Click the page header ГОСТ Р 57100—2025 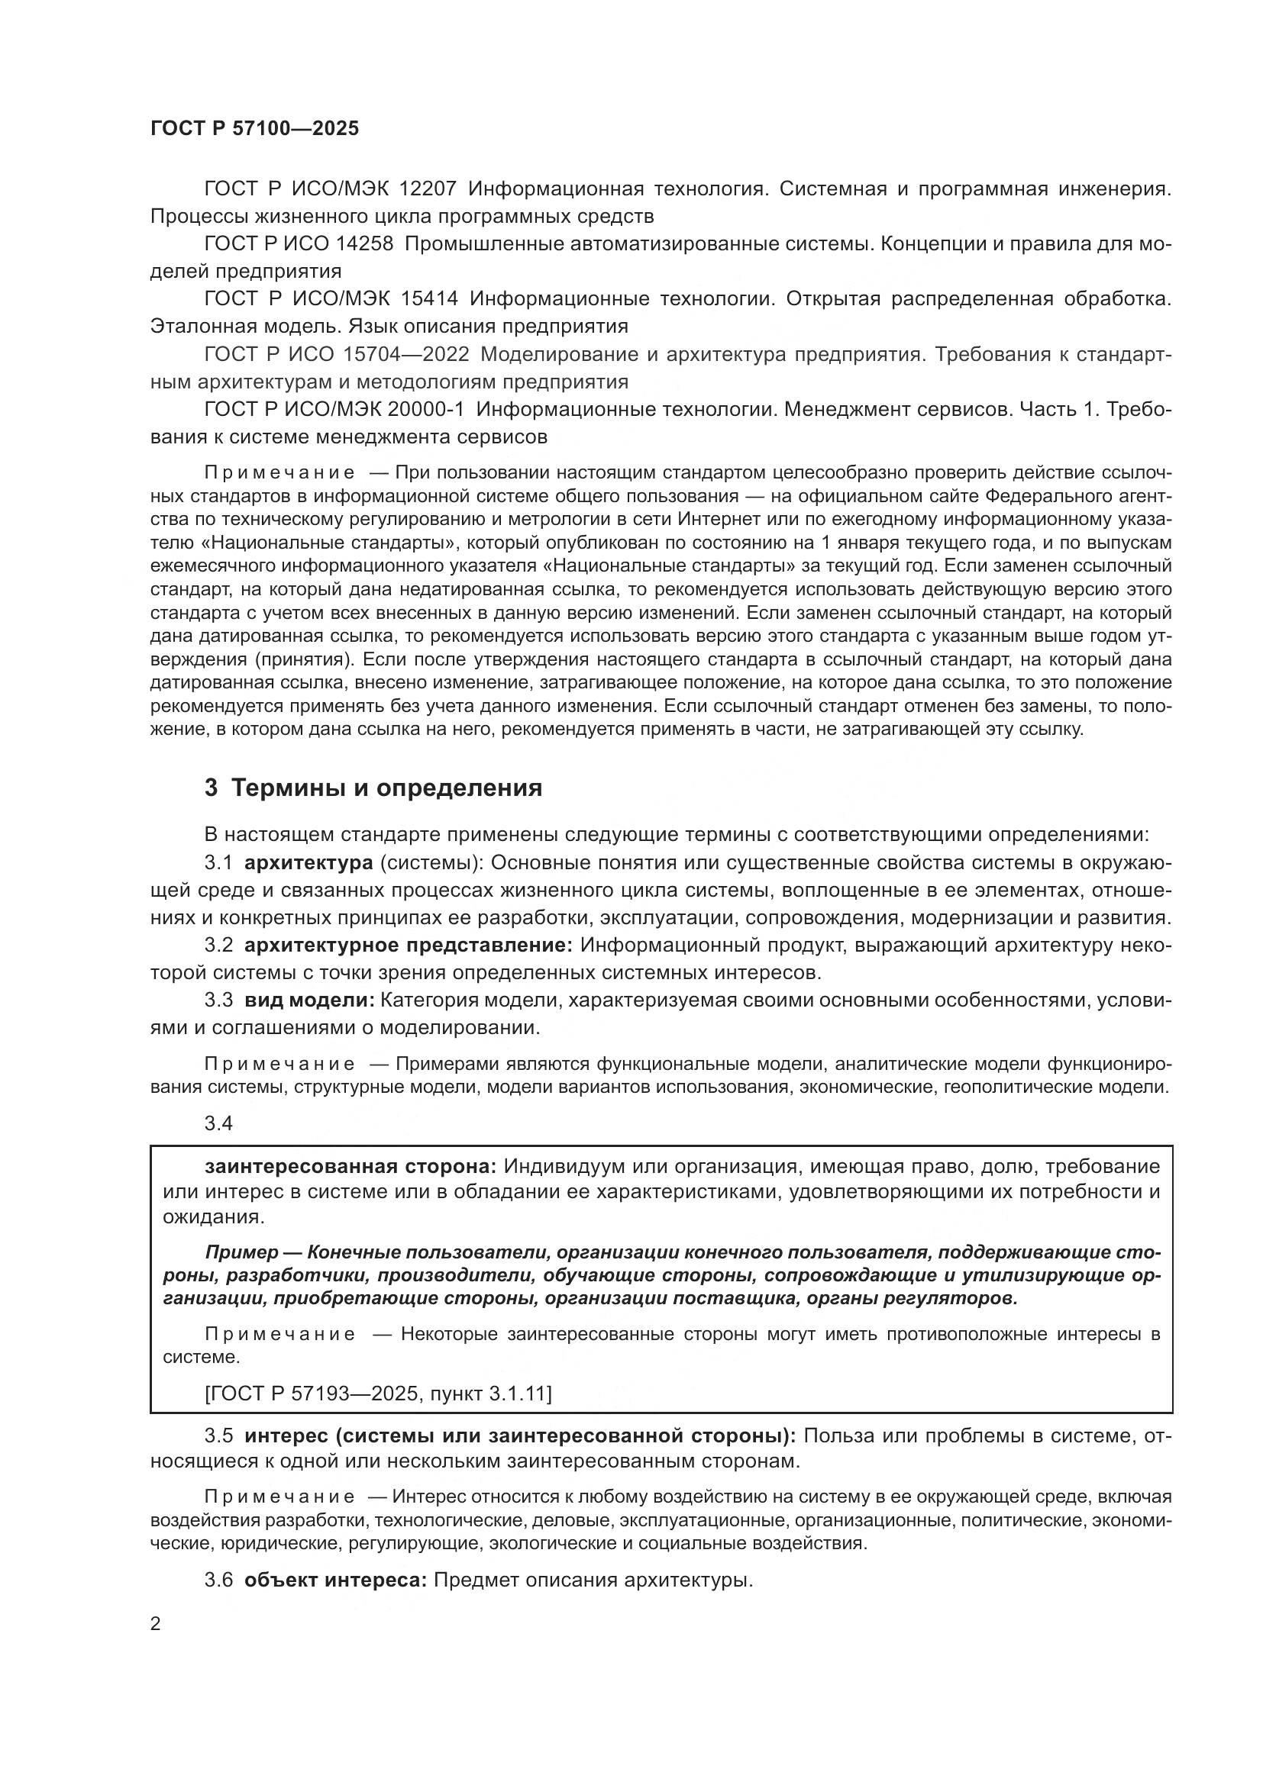[x=254, y=128]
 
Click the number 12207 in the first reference [x=428, y=189]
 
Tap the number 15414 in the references [x=429, y=299]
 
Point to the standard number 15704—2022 [x=405, y=355]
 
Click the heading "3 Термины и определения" [x=373, y=788]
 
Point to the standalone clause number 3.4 [x=218, y=1123]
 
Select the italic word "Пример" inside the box [x=242, y=1252]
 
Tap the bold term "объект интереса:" [x=335, y=1580]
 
